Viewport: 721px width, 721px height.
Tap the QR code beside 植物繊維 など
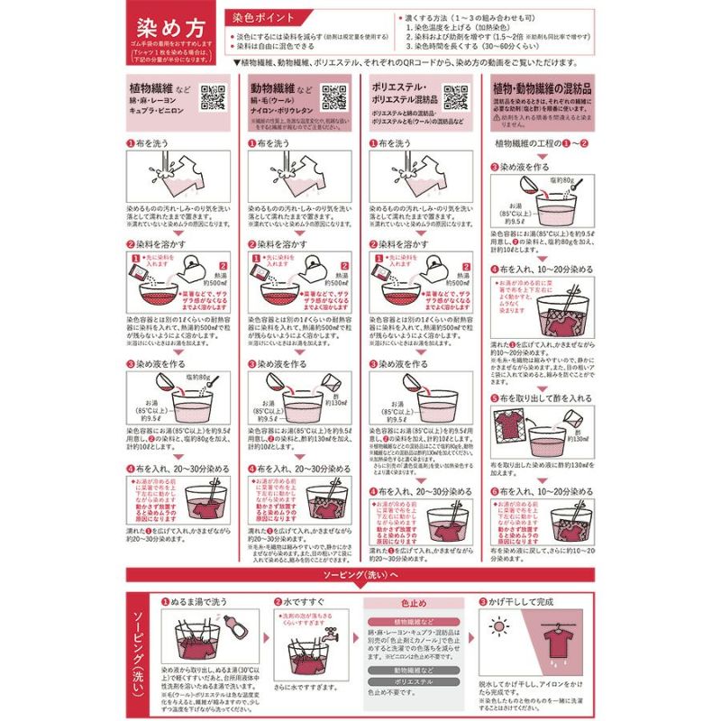click(x=211, y=96)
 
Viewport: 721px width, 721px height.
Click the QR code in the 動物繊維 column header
click(x=333, y=96)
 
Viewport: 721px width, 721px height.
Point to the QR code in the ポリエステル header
click(x=456, y=96)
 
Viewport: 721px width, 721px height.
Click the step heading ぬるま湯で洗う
click(x=203, y=600)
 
